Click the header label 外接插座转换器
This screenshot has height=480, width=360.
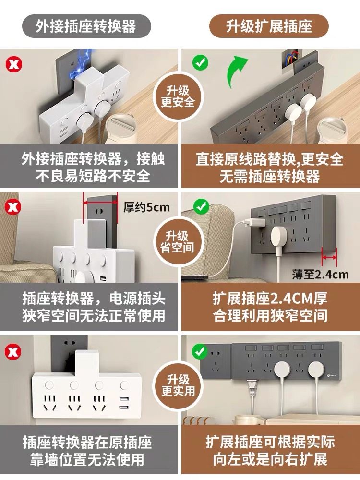(86, 26)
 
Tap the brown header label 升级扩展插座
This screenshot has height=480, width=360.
(269, 26)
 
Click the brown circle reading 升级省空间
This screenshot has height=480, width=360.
(178, 242)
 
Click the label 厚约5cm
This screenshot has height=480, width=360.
(146, 207)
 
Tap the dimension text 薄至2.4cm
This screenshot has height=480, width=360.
(320, 274)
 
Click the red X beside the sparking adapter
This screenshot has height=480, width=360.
(14, 64)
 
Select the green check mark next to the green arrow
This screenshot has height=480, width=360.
(200, 63)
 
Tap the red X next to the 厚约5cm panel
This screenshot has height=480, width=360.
(13, 207)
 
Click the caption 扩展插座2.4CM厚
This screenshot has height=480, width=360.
(270, 299)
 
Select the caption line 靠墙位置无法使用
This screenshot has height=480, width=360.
(87, 459)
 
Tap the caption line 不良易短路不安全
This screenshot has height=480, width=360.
(93, 176)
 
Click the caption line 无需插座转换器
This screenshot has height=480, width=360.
(270, 176)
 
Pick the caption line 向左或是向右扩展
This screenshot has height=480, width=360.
(270, 459)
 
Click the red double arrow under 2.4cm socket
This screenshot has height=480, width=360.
(329, 258)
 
